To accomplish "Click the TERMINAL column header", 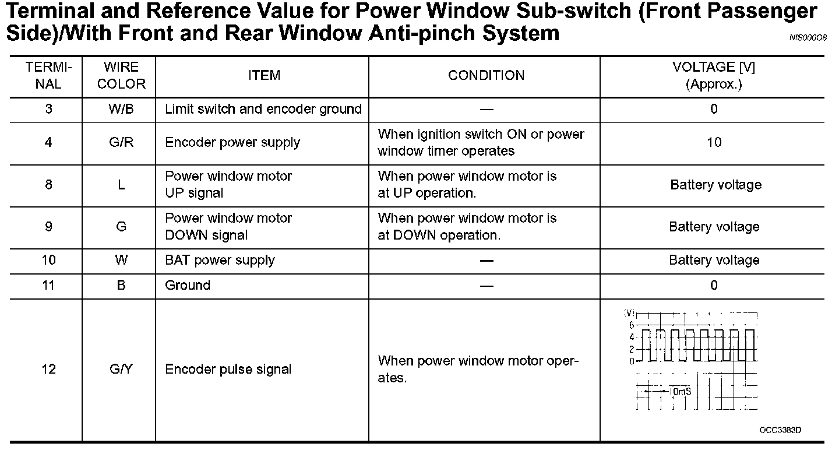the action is (48, 76).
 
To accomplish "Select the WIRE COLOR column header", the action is (121, 76).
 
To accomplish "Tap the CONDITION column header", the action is (487, 76).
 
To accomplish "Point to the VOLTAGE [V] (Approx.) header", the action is (714, 76).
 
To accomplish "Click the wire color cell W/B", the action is (121, 109).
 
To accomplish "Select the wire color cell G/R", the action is (121, 142).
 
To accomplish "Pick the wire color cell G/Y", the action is (121, 369).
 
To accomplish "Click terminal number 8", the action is (48, 185).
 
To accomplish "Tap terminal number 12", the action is (48, 369).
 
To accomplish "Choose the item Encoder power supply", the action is (232, 142).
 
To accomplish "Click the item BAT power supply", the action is (220, 260).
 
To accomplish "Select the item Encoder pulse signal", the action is (228, 369).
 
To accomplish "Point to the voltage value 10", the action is (714, 142).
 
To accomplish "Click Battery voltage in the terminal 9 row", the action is (714, 227).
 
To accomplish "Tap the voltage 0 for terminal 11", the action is (714, 285).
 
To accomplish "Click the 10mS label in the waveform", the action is (680, 391).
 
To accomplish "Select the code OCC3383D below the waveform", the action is (780, 430).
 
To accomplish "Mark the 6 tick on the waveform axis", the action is (632, 325).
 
